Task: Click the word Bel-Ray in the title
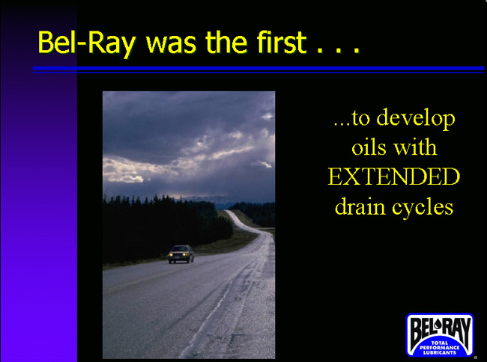pos(87,43)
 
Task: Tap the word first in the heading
pos(282,42)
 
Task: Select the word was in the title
pos(171,45)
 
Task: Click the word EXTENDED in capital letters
pos(394,177)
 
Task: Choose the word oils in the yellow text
pos(368,147)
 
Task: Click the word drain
pos(360,206)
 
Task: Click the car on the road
pos(181,254)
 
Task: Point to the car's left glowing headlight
pos(170,255)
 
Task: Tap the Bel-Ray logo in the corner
pos(440,335)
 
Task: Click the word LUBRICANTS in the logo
pos(440,352)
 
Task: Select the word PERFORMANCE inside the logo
pos(440,348)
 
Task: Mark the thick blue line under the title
pos(258,68)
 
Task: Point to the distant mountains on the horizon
pos(205,199)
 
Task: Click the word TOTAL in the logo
pos(440,343)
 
